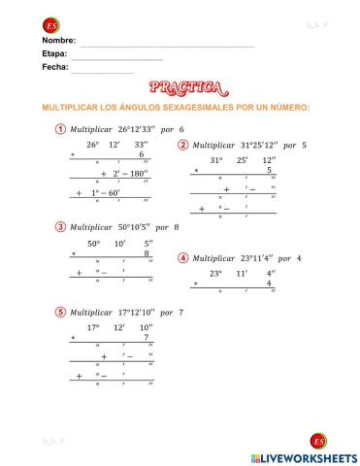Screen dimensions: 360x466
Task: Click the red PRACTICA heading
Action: click(180, 90)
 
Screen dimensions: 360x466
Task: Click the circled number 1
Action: click(61, 128)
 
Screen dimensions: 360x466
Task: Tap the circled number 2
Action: click(182, 145)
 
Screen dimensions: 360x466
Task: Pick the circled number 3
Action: click(61, 227)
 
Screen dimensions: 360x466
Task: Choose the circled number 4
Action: click(182, 257)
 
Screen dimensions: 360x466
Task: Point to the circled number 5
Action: click(61, 312)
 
